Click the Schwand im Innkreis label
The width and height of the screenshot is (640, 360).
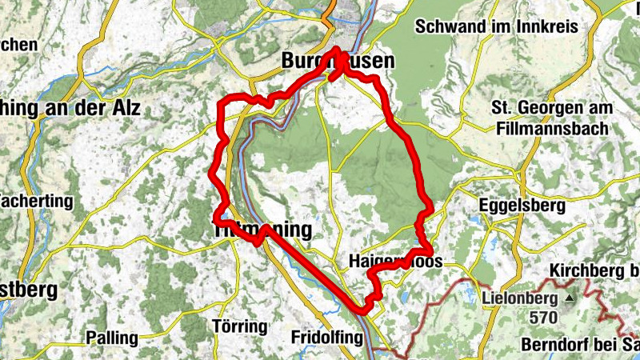pos(496,26)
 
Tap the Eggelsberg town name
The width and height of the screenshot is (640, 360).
pos(522,205)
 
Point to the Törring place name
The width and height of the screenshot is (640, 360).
pos(240,326)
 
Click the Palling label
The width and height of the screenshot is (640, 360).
pos(113,337)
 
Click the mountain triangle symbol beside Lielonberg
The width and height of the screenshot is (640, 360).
pos(569,300)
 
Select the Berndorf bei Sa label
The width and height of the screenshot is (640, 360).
pos(580,346)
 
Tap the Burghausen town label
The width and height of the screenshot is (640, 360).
pos(338,61)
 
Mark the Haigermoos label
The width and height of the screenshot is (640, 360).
pos(396,262)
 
